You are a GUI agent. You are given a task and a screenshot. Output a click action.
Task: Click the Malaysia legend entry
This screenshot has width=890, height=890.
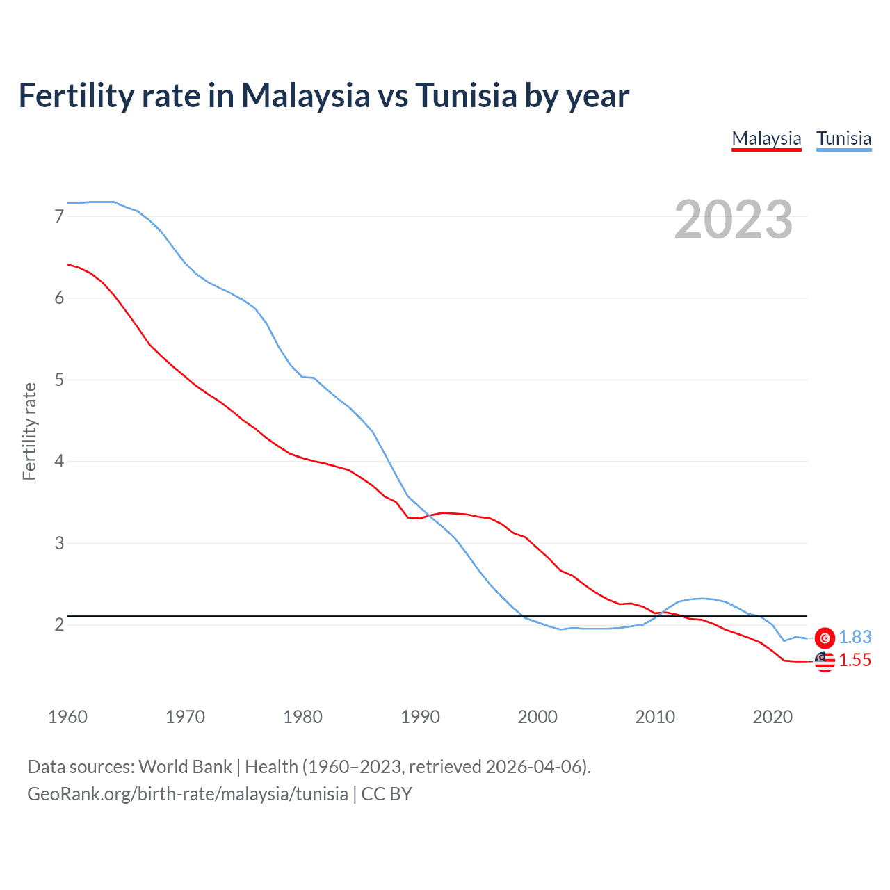(x=766, y=138)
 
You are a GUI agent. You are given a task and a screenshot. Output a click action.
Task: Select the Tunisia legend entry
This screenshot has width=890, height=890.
(x=843, y=138)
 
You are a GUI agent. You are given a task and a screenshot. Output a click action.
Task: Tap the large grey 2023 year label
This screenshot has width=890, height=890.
(x=733, y=220)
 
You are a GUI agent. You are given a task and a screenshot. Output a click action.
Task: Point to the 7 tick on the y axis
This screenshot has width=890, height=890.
(x=59, y=216)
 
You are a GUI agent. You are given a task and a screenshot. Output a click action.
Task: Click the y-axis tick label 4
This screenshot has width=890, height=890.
(x=59, y=461)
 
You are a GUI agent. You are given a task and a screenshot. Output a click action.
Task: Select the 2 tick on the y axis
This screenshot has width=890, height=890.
(x=59, y=624)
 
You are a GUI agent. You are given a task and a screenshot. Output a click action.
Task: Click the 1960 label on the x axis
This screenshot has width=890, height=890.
(x=67, y=717)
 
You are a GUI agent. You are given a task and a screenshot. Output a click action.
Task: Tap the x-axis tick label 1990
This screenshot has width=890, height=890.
(x=420, y=717)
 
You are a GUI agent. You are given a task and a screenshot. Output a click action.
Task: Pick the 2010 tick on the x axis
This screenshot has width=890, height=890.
(x=655, y=717)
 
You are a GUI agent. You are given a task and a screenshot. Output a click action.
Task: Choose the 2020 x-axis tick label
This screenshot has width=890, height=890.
(x=772, y=717)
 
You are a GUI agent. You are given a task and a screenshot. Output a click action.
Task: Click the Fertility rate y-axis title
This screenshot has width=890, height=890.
(x=29, y=431)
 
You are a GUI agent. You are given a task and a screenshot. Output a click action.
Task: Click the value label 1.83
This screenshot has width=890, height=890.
(x=855, y=637)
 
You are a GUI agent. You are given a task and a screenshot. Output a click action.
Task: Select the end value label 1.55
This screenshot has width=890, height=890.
(x=855, y=661)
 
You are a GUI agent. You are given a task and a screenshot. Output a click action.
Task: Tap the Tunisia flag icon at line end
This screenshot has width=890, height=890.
(x=825, y=638)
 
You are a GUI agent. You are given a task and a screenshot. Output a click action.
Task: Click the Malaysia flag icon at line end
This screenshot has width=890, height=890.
(x=825, y=661)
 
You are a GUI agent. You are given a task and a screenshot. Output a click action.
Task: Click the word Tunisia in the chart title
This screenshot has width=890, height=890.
(x=466, y=95)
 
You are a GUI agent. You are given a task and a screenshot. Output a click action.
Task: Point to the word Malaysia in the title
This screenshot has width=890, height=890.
(x=305, y=95)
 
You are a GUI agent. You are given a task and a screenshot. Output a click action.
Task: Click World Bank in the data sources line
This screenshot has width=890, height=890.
(x=185, y=767)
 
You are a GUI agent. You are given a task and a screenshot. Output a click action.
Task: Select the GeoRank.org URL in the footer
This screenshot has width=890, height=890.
(x=188, y=794)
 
